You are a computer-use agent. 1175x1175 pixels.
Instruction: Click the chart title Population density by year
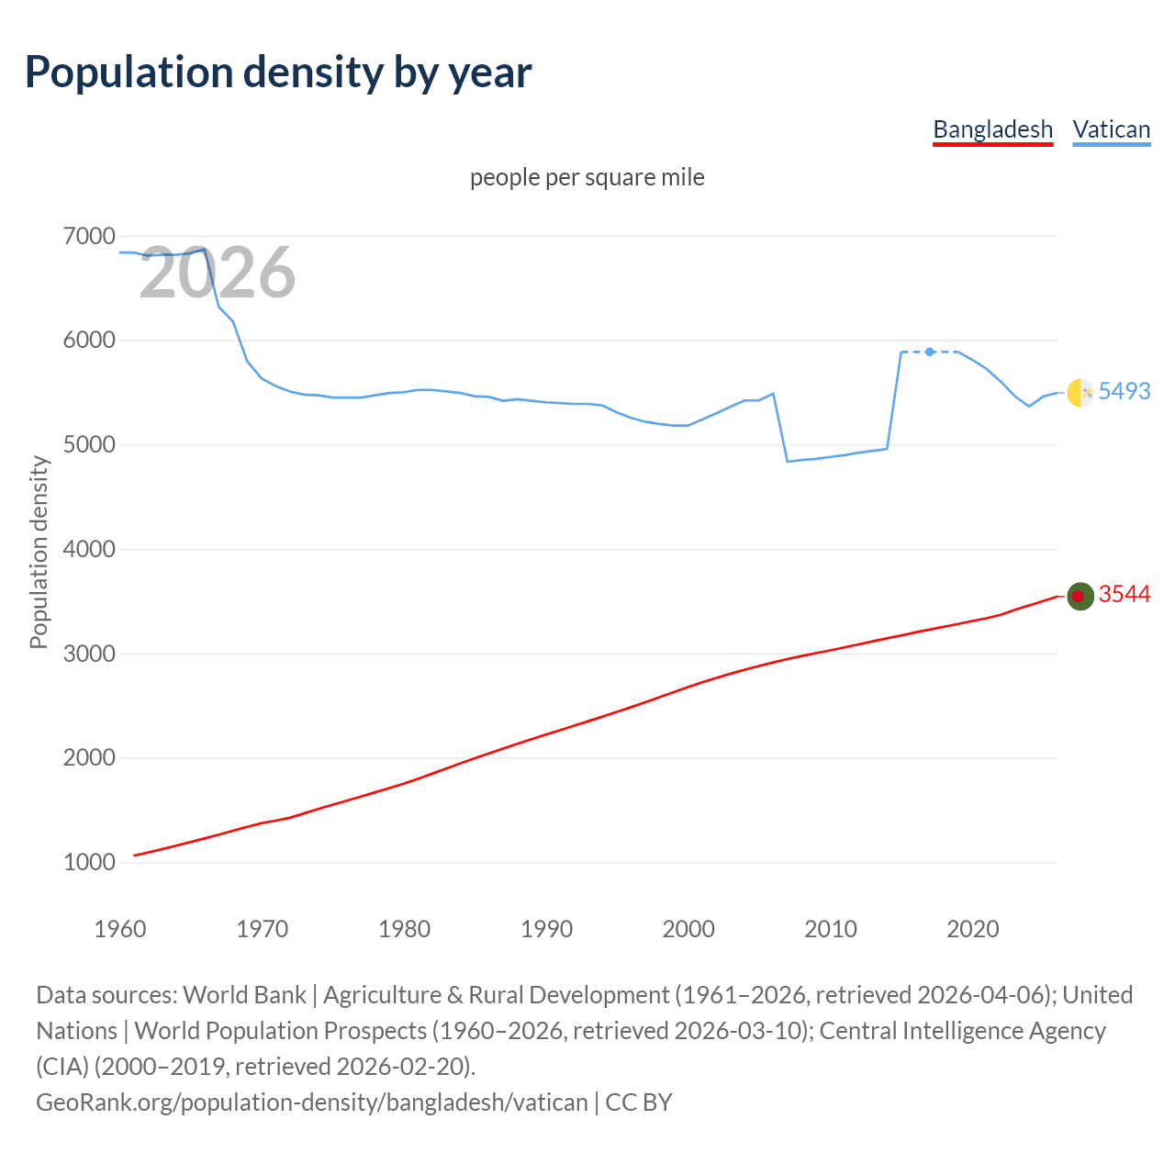tap(278, 73)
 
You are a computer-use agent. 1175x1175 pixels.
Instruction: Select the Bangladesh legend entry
tap(992, 129)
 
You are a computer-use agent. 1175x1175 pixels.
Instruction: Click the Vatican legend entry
tap(1111, 129)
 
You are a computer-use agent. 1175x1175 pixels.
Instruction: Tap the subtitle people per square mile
tap(587, 177)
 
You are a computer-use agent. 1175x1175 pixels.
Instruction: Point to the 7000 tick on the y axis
tap(89, 236)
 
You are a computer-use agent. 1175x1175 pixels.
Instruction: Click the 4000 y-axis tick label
tap(89, 549)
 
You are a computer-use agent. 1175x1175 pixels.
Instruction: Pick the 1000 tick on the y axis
tap(89, 862)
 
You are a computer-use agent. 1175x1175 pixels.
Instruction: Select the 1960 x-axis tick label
tap(120, 929)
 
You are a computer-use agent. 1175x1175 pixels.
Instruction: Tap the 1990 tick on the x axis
tap(546, 929)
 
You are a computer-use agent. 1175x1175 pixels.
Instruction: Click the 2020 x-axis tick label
tap(972, 929)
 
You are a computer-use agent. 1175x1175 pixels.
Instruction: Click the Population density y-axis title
tap(39, 552)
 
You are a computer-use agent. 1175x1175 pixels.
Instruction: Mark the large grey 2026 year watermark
tap(218, 273)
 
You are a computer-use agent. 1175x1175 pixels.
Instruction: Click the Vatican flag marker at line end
tap(1080, 392)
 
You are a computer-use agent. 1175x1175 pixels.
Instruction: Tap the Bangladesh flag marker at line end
tap(1080, 596)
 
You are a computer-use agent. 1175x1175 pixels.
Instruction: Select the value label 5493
tap(1124, 391)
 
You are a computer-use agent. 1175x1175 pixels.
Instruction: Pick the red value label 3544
tap(1124, 595)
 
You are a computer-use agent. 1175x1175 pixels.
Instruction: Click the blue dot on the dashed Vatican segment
tap(930, 352)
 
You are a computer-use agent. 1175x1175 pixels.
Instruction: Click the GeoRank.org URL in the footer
tap(311, 1102)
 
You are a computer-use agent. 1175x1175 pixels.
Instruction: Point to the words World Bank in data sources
tap(244, 995)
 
